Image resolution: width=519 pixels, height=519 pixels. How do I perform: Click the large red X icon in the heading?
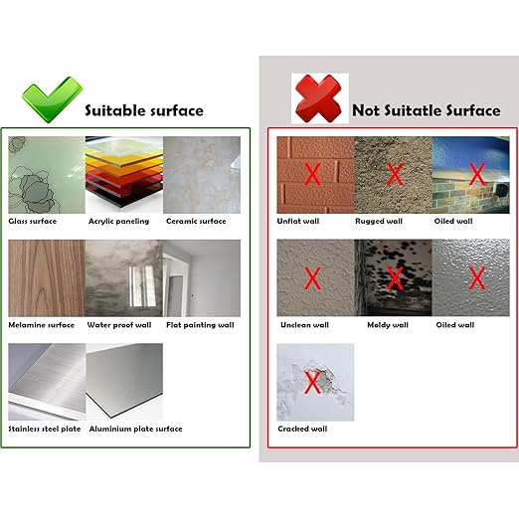pos(316,98)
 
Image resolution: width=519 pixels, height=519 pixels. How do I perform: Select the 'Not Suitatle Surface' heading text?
pos(426,111)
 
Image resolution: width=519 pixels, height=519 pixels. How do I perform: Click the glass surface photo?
pos(45,174)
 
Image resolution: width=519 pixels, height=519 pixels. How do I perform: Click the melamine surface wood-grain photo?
pos(45,277)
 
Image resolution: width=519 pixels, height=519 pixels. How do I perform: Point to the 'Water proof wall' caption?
pos(119,324)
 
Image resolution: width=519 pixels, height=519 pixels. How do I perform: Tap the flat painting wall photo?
pos(202,277)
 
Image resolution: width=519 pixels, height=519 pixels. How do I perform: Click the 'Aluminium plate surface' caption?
pos(134,429)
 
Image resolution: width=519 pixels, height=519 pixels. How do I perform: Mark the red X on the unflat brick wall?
pos(312,175)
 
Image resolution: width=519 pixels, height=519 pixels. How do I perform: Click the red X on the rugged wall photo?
pos(394,175)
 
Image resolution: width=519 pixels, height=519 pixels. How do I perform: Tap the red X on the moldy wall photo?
pos(394,278)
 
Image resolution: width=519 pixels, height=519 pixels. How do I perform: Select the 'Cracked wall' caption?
pos(301,429)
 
